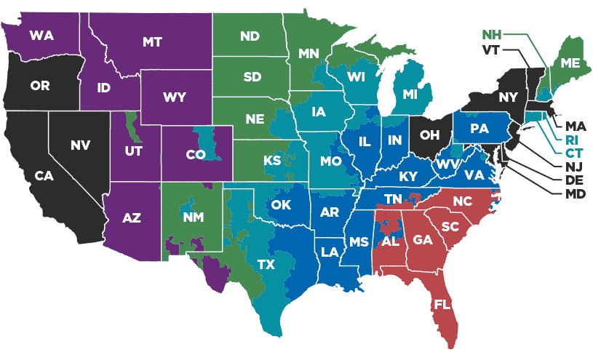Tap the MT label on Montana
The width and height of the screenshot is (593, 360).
(152, 42)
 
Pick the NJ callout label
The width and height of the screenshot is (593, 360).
(566, 167)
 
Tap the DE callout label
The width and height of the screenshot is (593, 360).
(566, 180)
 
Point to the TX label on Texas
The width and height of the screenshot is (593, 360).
(266, 265)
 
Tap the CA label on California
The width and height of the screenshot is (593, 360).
(45, 176)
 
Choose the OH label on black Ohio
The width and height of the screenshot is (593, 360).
(429, 135)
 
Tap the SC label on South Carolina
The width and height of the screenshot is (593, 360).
(450, 226)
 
